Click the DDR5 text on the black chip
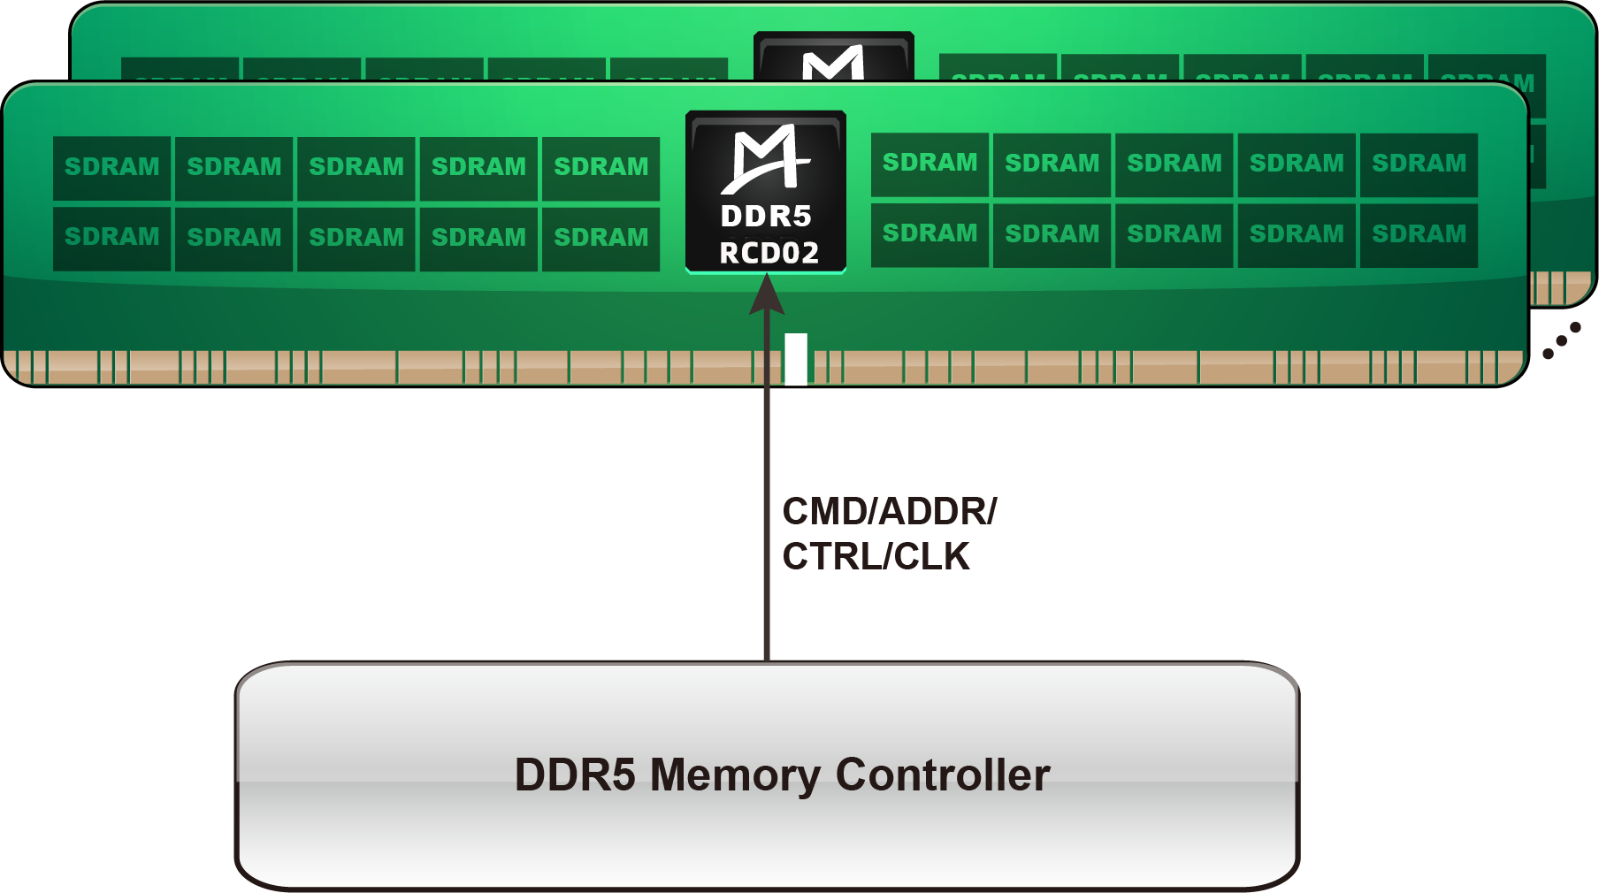coord(766,216)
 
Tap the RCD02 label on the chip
coord(769,254)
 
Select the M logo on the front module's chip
coord(766,158)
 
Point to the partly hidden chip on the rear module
coord(833,57)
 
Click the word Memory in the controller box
coord(734,775)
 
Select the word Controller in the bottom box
coord(942,775)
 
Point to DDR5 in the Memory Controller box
coord(575,775)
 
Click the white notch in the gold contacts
coord(796,358)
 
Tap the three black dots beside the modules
coord(1562,340)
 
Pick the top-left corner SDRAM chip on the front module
coord(112,167)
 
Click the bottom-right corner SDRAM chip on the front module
coord(1419,234)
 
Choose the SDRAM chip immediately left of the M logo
coord(601,167)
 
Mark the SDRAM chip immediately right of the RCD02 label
coord(930,234)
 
